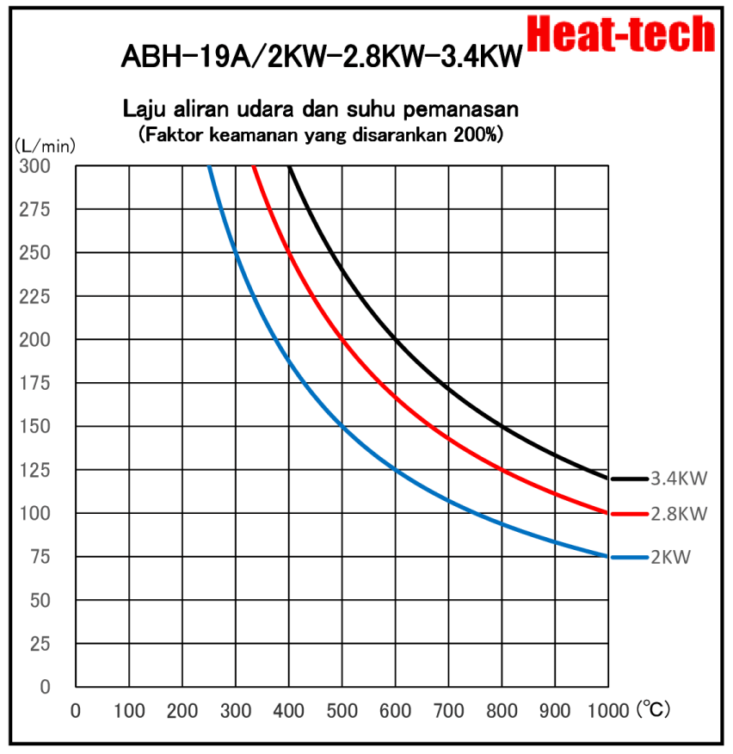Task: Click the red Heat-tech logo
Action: [620, 34]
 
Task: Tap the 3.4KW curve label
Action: [679, 478]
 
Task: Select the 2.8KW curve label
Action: [679, 514]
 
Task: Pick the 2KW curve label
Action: [671, 558]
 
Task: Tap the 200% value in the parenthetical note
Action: [477, 134]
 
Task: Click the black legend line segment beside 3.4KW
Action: [628, 478]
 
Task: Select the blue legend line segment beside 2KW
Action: [628, 558]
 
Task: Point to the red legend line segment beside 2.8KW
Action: [628, 514]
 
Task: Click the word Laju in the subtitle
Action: [145, 110]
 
